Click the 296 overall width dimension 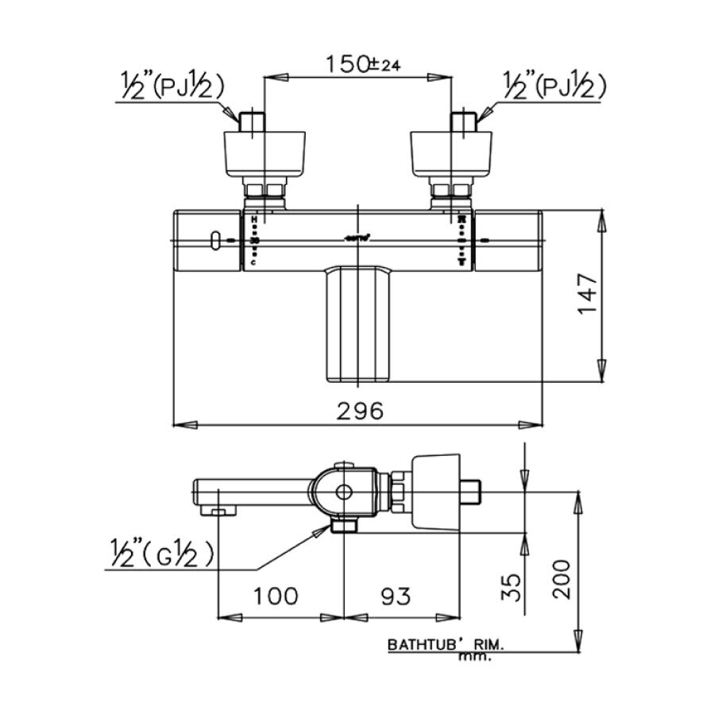(359, 411)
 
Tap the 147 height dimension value (587, 294)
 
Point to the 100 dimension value (276, 596)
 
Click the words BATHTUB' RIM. (445, 646)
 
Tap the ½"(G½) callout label (162, 555)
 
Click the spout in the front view (360, 323)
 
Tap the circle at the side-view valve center (343, 493)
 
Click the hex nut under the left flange (265, 191)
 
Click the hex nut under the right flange (450, 191)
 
